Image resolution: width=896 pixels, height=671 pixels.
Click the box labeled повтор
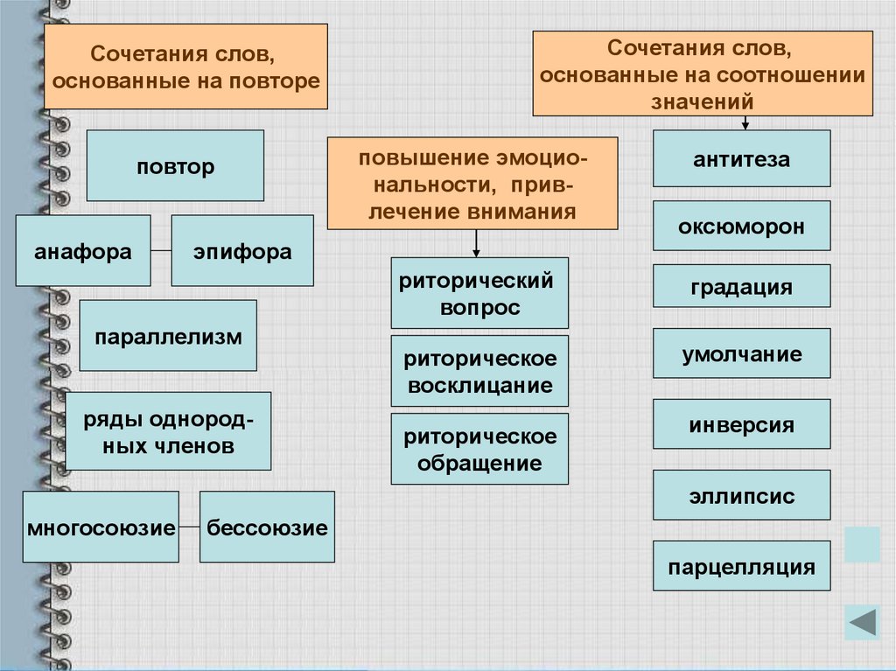(175, 166)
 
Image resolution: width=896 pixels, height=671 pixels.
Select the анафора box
(83, 251)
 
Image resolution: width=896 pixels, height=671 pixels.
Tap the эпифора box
(242, 251)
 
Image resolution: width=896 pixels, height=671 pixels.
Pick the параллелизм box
(168, 336)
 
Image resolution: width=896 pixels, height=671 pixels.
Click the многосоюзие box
(101, 527)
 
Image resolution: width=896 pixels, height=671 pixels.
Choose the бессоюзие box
(267, 527)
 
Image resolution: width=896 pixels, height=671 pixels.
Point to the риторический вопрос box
(479, 293)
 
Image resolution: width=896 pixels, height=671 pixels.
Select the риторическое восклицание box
(479, 371)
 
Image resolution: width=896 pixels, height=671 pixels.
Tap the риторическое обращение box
(479, 449)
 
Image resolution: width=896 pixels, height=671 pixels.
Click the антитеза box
(742, 158)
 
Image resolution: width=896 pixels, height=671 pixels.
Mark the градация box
(742, 286)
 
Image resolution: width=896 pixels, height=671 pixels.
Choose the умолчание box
(742, 353)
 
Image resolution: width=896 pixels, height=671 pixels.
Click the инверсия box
(742, 425)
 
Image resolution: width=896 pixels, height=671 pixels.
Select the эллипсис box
(742, 495)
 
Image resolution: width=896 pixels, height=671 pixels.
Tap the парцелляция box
(742, 566)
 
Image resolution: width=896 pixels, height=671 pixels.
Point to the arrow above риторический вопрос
(476, 243)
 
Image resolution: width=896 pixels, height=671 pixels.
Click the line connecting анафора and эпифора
(161, 251)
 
